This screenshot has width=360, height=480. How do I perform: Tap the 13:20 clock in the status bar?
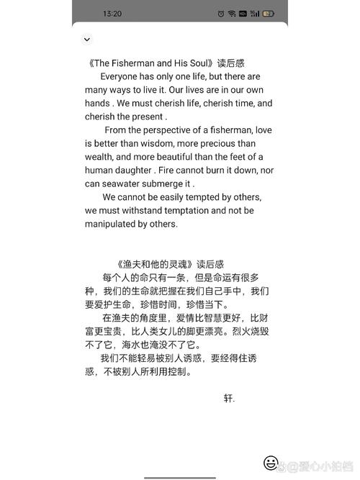(x=112, y=14)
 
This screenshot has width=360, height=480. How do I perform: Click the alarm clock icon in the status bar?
(x=220, y=14)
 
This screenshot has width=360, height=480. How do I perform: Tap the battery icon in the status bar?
(x=269, y=14)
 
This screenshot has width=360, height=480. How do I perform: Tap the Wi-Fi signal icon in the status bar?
(x=232, y=14)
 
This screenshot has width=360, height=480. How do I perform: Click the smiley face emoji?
(x=271, y=462)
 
